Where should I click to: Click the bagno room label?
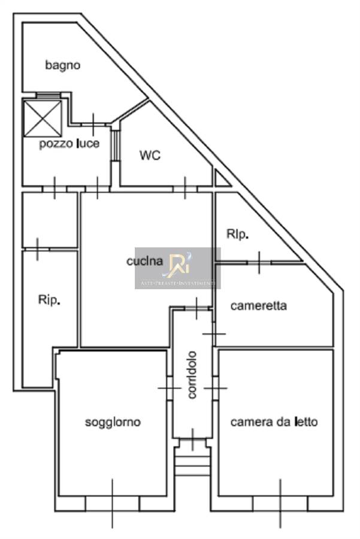click(63, 65)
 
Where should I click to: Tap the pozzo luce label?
click(69, 144)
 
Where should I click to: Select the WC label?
click(150, 155)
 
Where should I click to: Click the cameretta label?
click(259, 306)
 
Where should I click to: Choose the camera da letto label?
click(274, 422)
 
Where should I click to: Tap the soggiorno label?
click(113, 422)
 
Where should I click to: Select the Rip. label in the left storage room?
click(49, 301)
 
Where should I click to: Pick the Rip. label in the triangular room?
click(238, 235)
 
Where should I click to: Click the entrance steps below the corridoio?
click(192, 462)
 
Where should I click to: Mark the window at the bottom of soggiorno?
click(112, 502)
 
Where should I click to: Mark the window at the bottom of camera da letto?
click(279, 502)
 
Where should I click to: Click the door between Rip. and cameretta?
click(259, 262)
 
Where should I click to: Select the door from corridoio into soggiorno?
click(170, 388)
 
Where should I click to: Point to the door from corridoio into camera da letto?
click(215, 388)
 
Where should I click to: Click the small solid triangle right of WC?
click(221, 179)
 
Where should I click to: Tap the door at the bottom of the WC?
click(185, 188)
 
